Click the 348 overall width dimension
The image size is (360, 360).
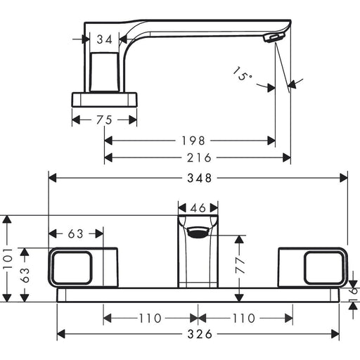click(199, 178)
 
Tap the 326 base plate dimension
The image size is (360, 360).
click(200, 334)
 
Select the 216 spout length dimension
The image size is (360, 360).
click(199, 157)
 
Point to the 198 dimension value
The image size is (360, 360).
click(193, 141)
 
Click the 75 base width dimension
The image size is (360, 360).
click(104, 120)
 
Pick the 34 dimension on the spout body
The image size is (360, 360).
click(105, 39)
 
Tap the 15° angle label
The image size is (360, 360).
click(242, 74)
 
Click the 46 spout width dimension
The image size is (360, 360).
click(198, 208)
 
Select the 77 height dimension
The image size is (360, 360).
click(240, 265)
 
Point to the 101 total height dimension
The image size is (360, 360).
click(8, 259)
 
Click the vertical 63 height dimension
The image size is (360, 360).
click(25, 275)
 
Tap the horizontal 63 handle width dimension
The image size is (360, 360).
click(76, 233)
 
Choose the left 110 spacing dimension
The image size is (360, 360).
click(150, 319)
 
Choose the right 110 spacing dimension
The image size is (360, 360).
click(243, 319)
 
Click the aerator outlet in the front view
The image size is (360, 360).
click(198, 232)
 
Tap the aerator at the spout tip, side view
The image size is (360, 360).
click(274, 37)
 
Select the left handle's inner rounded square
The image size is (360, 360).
click(72, 267)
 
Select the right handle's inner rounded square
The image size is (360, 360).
click(324, 267)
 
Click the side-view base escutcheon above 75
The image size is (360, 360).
click(104, 100)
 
